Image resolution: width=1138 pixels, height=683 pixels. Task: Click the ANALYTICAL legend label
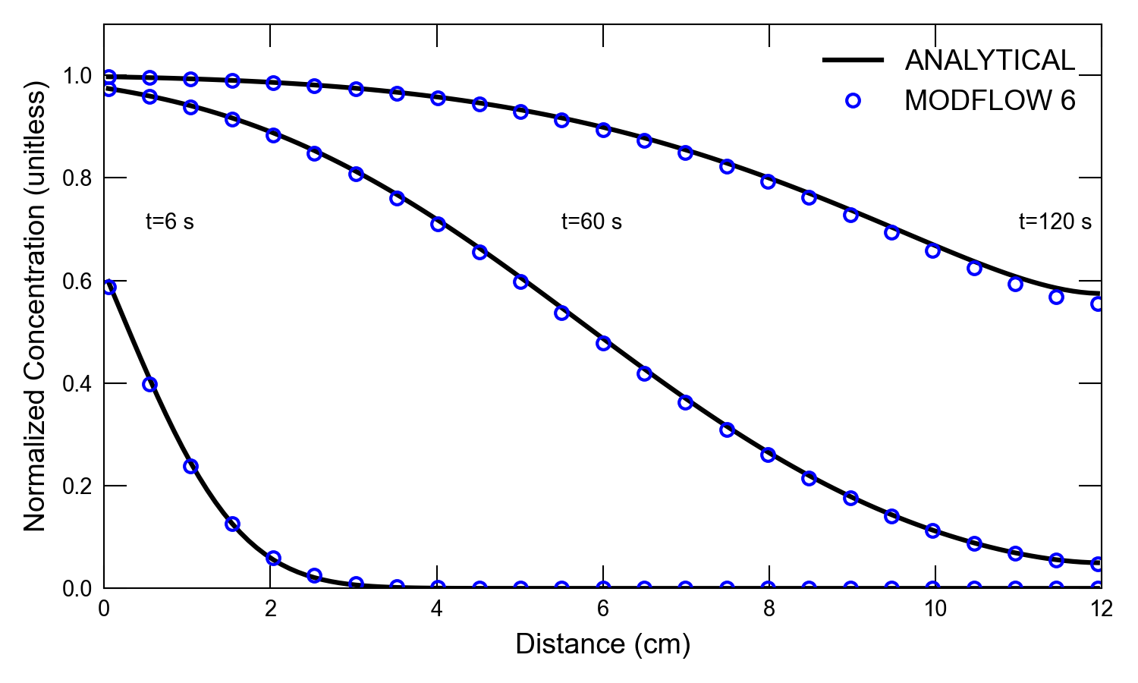pos(989,61)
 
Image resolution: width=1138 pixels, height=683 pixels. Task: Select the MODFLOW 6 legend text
pos(989,101)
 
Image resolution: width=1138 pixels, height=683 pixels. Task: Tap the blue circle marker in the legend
pos(853,101)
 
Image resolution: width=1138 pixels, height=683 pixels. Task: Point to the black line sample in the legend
pos(853,60)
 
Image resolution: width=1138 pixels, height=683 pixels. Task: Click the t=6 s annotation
pos(170,222)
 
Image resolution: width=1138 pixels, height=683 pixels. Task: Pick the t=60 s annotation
pos(591,222)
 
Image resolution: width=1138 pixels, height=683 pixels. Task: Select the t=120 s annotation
pos(1055,222)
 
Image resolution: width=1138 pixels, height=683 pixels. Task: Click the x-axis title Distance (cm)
pos(603,644)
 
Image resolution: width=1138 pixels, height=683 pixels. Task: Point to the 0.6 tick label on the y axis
pos(77,281)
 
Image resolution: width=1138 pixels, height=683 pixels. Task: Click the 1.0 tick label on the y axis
pos(77,76)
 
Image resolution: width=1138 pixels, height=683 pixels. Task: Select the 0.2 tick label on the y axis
pos(77,486)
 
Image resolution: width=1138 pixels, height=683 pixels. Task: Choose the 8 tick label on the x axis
pos(769,609)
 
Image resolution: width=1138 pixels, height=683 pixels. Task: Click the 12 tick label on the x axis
pos(1101,609)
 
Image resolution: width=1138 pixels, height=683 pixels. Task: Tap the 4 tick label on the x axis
pos(437,609)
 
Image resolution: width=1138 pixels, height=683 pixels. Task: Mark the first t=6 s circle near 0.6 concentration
pos(108,287)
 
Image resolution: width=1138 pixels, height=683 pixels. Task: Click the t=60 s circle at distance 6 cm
pos(603,343)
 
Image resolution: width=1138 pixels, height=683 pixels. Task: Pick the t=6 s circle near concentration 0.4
pos(149,384)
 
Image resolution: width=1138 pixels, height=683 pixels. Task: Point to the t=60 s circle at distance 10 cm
pos(932,530)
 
